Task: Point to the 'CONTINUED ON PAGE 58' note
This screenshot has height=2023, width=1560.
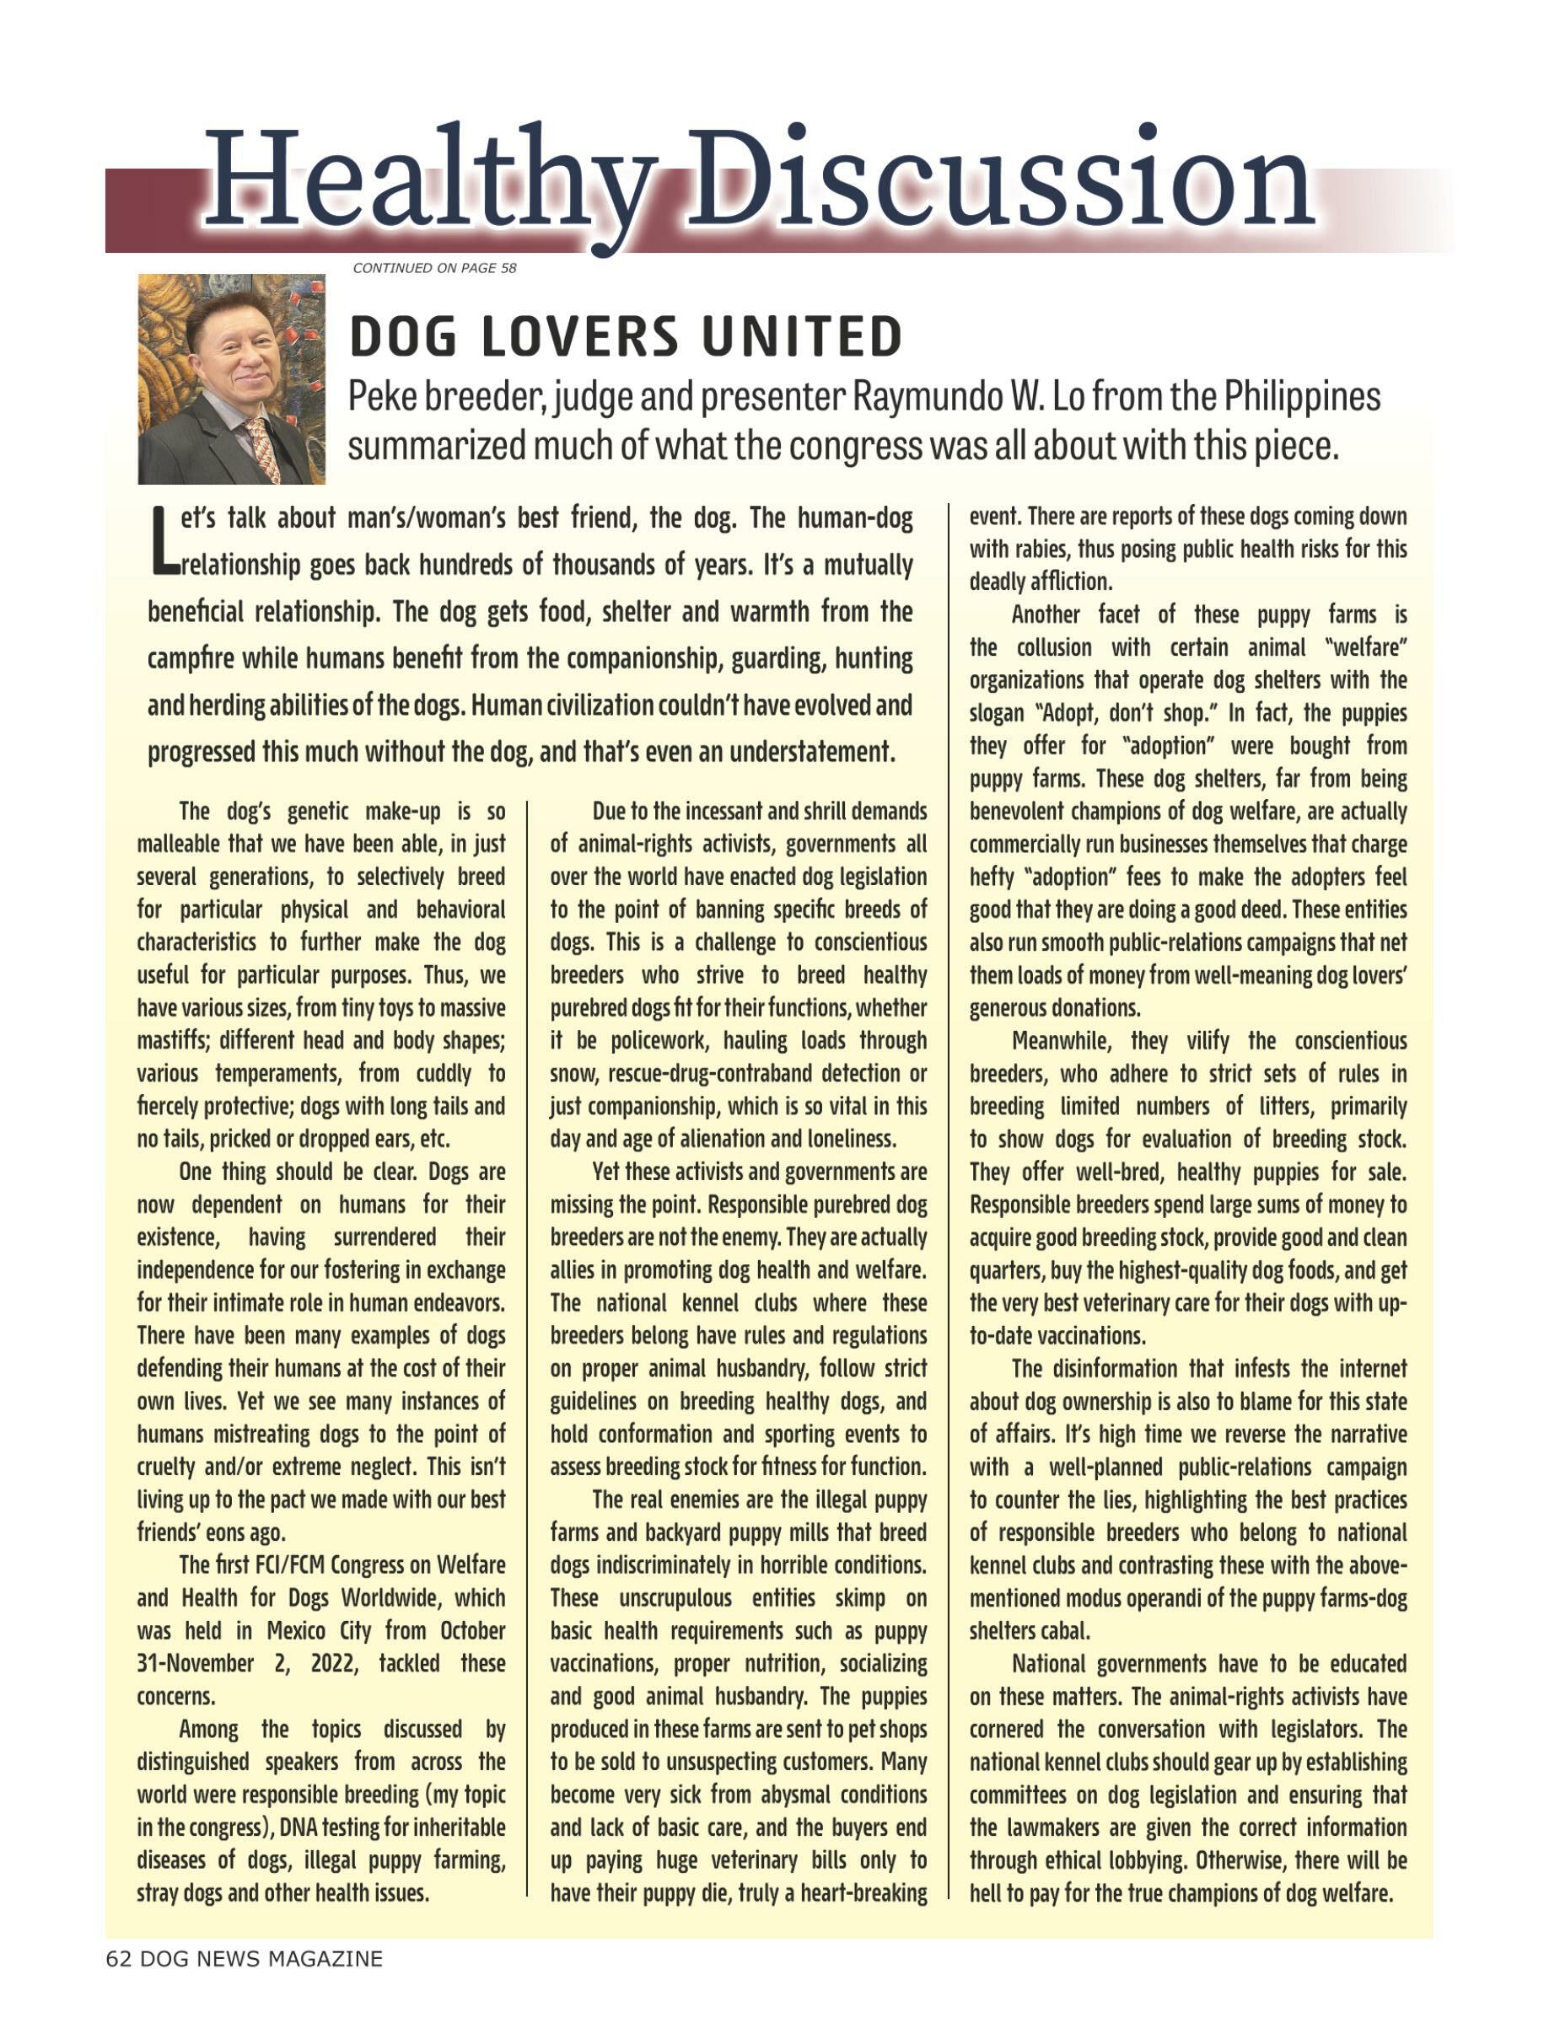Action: coord(434,269)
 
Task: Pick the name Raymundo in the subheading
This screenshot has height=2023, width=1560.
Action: coord(932,395)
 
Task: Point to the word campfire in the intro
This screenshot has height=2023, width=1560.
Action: coord(191,658)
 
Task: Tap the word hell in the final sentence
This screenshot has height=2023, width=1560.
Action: coord(985,1893)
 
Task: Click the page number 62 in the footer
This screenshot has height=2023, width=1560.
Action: coord(119,1958)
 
